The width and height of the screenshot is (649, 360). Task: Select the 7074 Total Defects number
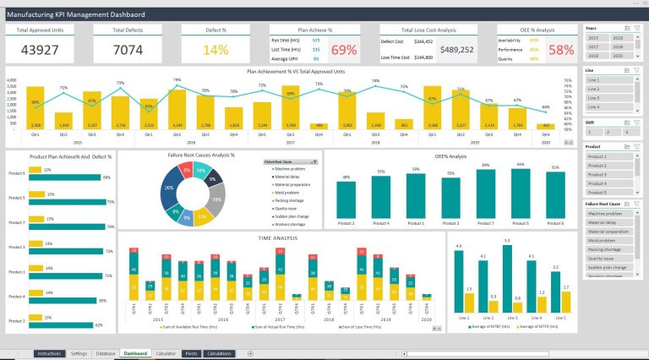[x=128, y=50]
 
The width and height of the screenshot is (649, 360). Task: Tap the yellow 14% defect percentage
[x=215, y=50]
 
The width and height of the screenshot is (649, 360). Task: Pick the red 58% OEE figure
[x=561, y=50]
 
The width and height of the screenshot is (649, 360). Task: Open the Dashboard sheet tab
[x=135, y=353]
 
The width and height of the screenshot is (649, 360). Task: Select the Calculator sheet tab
[x=166, y=353]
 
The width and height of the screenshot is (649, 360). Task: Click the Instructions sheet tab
[x=49, y=353]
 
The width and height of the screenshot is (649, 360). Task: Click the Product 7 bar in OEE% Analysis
[x=485, y=193]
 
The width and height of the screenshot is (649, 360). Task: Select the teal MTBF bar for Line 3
[x=507, y=278]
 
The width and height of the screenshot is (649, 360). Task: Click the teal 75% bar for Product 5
[x=67, y=202]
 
